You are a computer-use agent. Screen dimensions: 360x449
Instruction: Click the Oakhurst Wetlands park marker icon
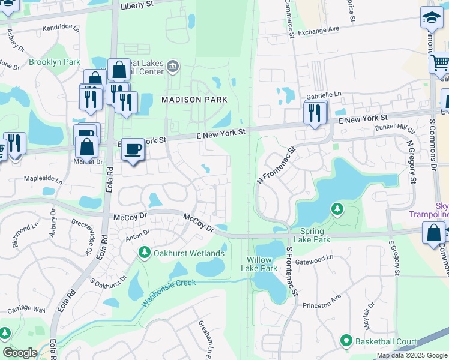pyautogui.click(x=144, y=253)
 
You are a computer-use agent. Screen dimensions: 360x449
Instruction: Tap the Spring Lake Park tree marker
pyautogui.click(x=337, y=209)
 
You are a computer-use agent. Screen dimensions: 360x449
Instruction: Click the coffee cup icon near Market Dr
pyautogui.click(x=133, y=149)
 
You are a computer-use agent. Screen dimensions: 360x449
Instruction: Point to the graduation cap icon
pyautogui.click(x=431, y=18)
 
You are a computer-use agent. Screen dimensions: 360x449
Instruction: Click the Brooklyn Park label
pyautogui.click(x=55, y=62)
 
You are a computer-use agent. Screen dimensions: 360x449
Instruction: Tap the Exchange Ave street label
pyautogui.click(x=318, y=29)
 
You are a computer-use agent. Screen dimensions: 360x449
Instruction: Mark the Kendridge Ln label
pyautogui.click(x=61, y=28)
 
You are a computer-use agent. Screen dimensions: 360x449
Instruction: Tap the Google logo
pyautogui.click(x=20, y=353)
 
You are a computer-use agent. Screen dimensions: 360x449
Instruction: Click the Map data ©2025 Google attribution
pyautogui.click(x=412, y=355)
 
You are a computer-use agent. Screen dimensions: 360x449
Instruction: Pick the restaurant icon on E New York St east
pyautogui.click(x=315, y=112)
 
